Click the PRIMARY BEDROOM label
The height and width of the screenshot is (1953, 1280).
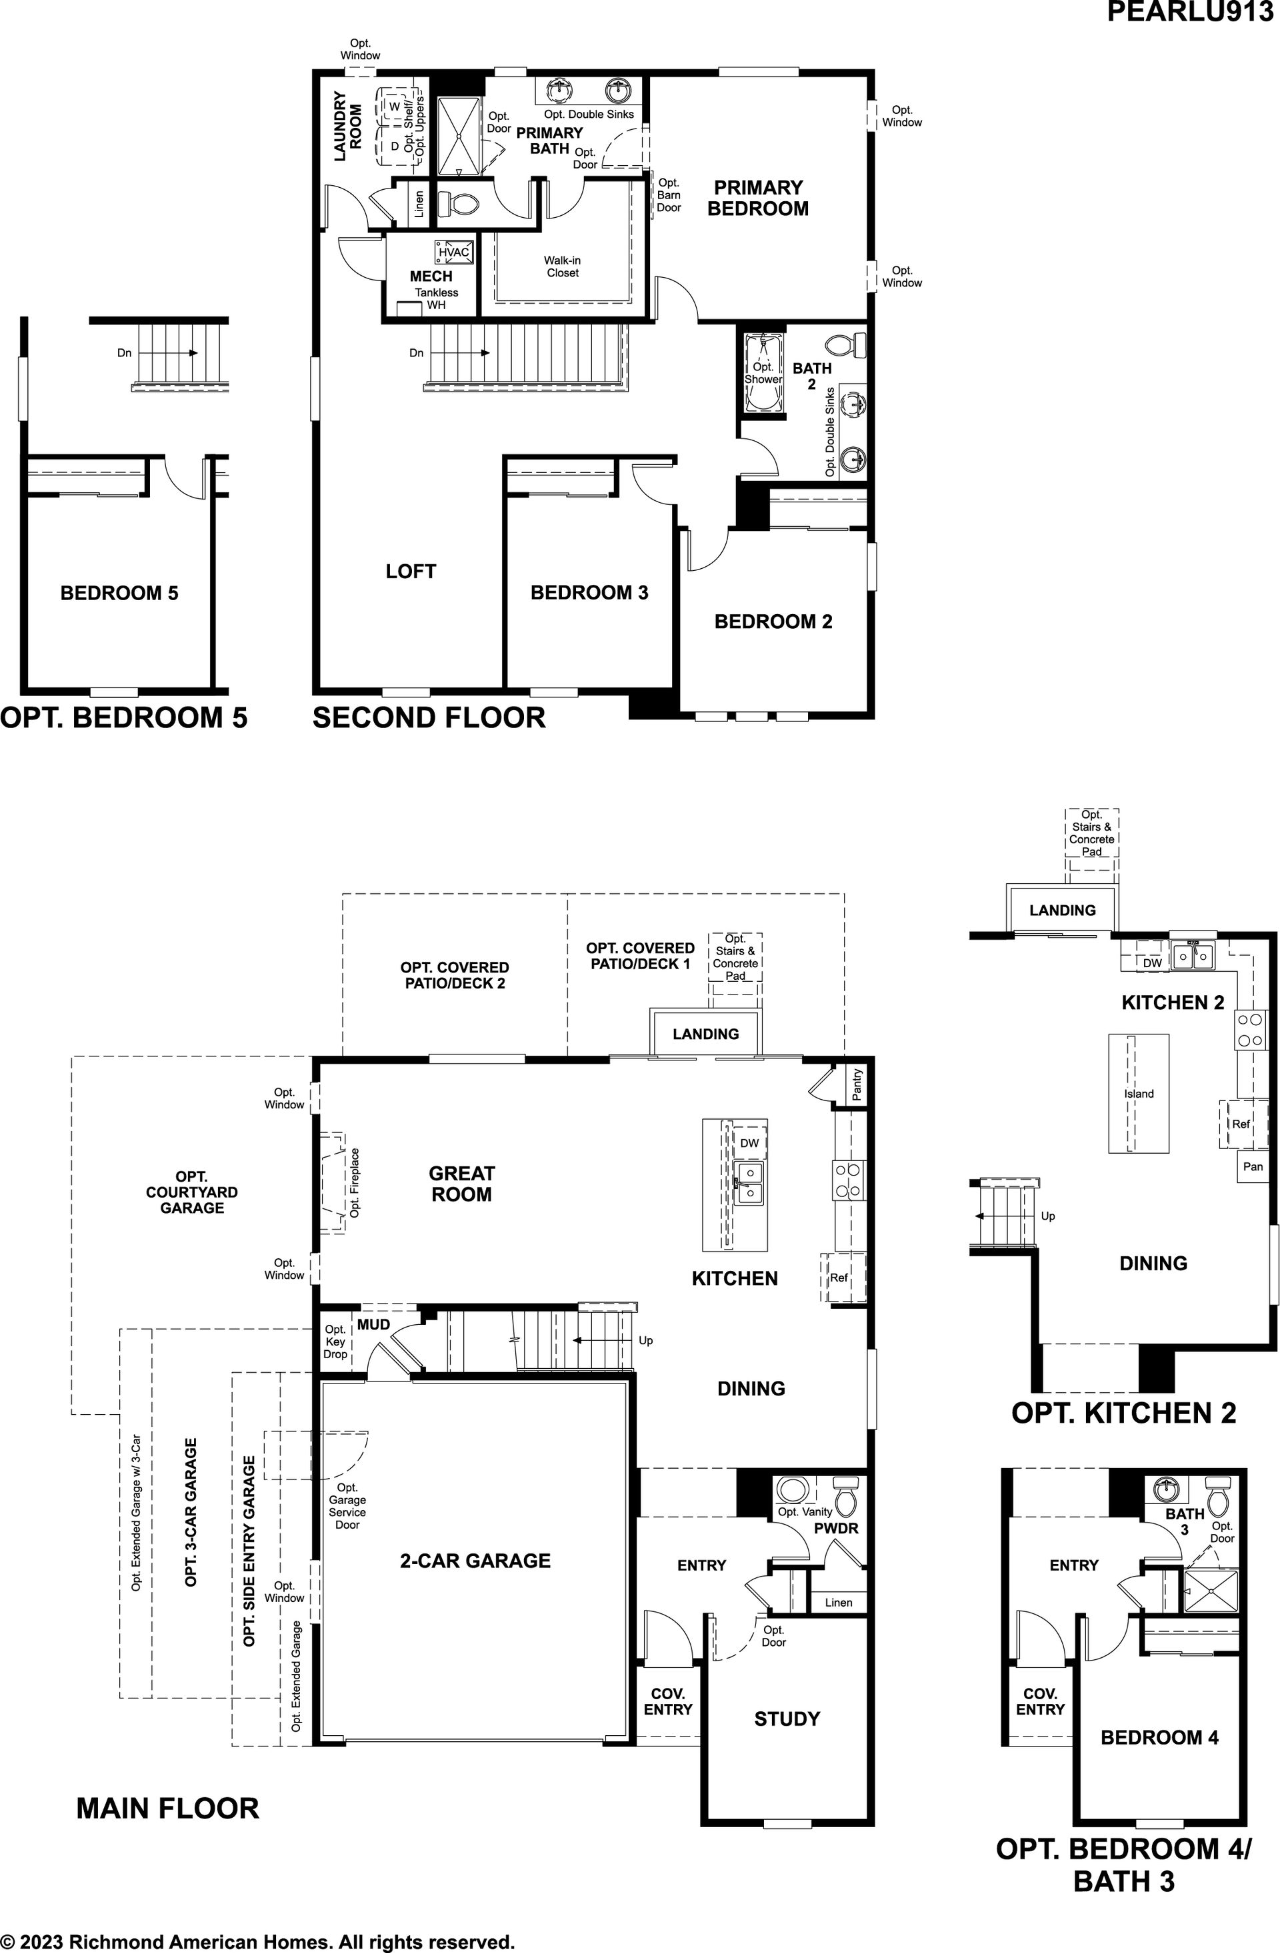point(758,198)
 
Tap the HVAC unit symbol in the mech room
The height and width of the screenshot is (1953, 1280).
point(453,252)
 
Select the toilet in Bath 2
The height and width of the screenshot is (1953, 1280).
point(846,343)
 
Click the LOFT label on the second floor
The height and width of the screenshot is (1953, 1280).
point(411,571)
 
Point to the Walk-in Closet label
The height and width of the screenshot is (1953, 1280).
point(563,266)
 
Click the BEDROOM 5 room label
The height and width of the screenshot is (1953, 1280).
point(119,592)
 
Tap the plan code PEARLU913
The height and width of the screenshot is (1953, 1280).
point(1190,11)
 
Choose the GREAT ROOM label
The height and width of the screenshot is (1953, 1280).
point(461,1184)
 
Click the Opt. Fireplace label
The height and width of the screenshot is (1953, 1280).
point(355,1182)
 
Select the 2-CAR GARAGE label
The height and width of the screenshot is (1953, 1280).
point(475,1561)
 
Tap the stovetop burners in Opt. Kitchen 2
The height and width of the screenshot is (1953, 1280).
point(1251,1030)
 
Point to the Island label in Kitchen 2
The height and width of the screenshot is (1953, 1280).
point(1139,1094)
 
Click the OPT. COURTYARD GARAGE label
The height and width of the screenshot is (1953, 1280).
point(192,1192)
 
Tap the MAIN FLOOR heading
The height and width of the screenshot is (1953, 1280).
point(167,1808)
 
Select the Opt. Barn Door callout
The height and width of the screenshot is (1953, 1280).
point(668,195)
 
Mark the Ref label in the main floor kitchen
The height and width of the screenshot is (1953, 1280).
point(838,1277)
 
